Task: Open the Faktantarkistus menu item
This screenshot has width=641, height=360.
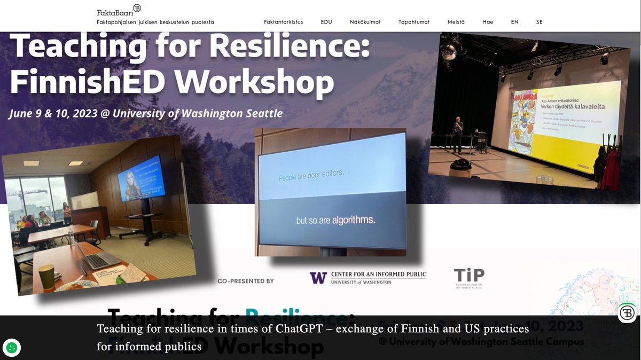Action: coord(283,22)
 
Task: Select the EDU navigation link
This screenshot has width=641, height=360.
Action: coord(326,22)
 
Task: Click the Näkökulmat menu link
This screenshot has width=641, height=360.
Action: coord(365,22)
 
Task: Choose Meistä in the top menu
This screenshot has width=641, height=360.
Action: coord(456,22)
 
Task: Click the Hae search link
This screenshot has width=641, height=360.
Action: coord(488,22)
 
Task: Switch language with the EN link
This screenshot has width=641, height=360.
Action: coord(514,22)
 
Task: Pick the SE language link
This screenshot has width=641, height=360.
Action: coord(540,22)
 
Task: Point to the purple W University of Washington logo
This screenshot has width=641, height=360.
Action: coord(318,278)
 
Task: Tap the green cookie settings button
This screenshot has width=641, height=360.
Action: coord(12,348)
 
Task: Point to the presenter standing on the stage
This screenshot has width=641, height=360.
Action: coord(457,134)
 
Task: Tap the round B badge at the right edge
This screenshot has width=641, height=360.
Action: coord(627,312)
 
